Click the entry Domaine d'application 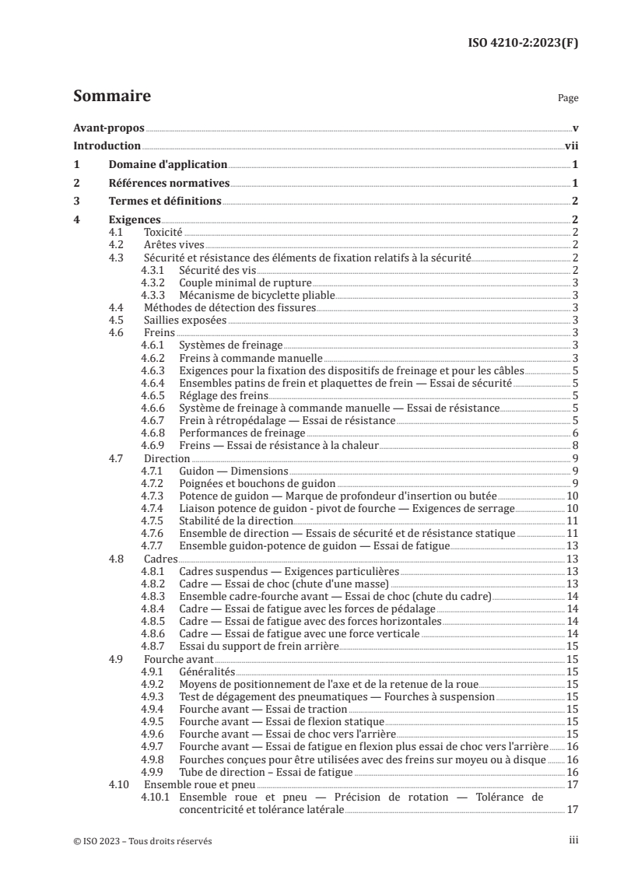click(167, 164)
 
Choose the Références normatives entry click(169, 183)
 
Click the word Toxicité click(163, 232)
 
